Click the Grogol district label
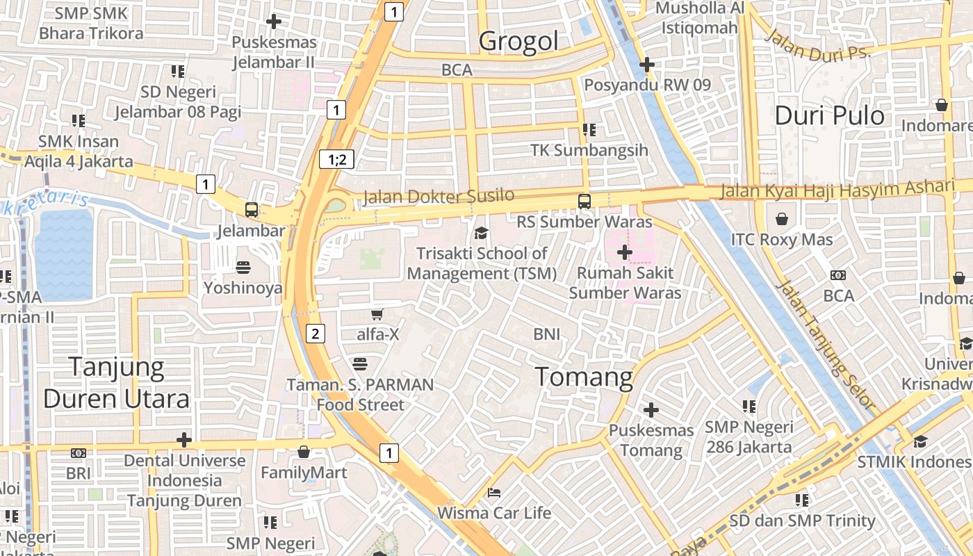(518, 42)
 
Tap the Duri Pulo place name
(829, 115)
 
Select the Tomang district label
(584, 377)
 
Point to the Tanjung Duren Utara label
(117, 383)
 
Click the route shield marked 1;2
(337, 159)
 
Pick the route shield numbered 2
(316, 334)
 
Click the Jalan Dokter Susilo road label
(439, 197)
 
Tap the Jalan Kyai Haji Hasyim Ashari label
(837, 189)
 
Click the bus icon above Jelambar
(252, 209)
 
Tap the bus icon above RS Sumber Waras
(584, 202)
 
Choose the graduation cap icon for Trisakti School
(481, 233)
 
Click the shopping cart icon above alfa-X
(377, 314)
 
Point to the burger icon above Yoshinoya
(243, 267)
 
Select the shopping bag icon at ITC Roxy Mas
(782, 220)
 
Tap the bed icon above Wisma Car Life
(493, 493)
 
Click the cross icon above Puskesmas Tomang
(651, 410)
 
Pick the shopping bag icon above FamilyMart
(304, 452)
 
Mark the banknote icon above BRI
(79, 453)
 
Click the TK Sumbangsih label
(589, 150)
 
